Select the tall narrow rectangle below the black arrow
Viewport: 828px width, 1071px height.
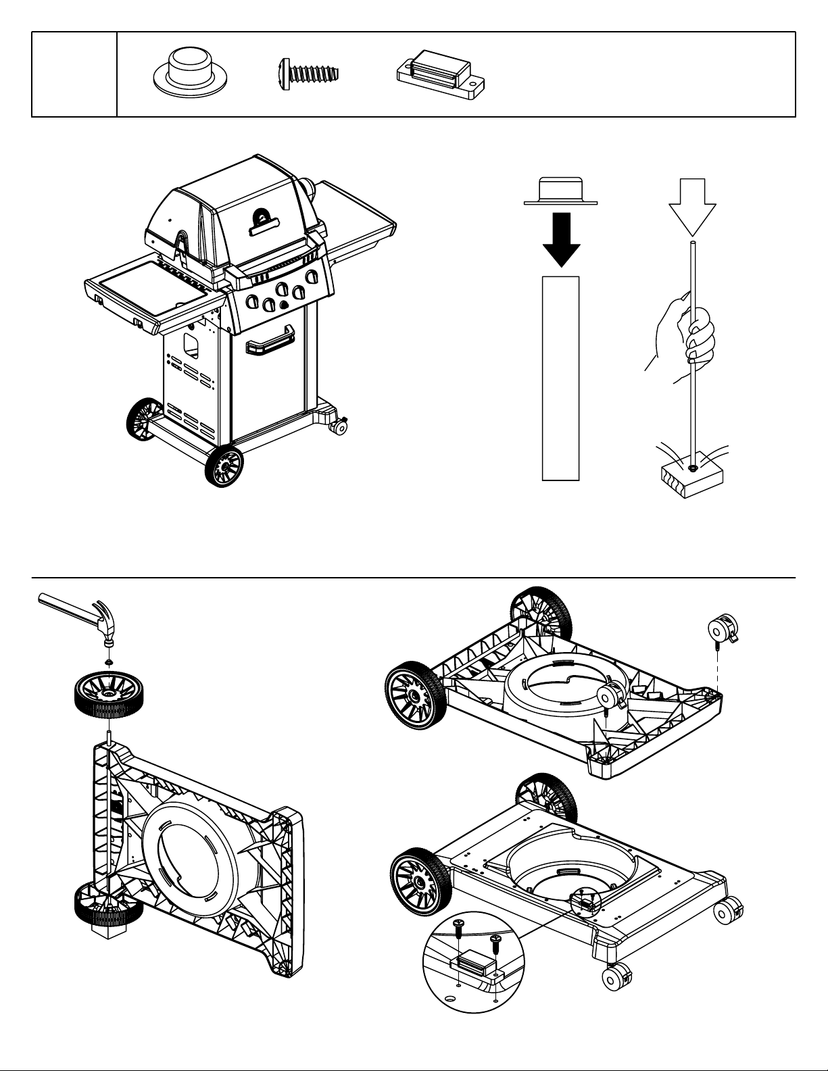tap(560, 378)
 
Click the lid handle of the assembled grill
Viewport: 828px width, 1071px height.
tap(263, 223)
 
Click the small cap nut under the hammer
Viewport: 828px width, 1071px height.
tap(107, 660)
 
